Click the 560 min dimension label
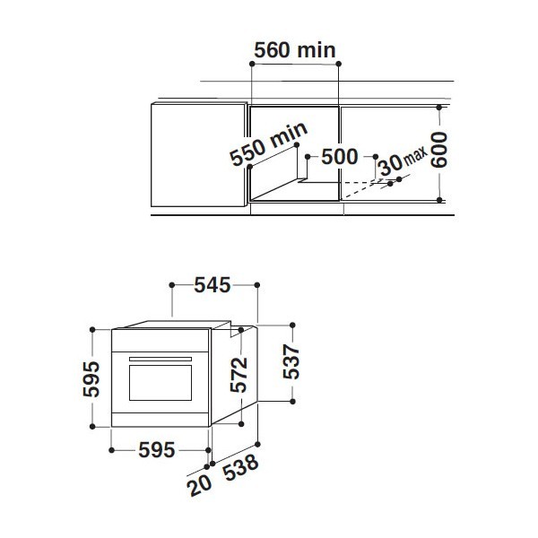pos(294,50)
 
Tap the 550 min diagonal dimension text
pos(269,143)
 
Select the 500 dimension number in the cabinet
pos(340,157)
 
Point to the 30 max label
pos(403,161)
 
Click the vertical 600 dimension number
pos(439,151)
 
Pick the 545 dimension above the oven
pos(213,285)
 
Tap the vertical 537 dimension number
pos(291,362)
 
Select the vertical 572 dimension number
pos(239,375)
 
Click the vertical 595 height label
pos(91,378)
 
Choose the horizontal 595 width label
pos(157,450)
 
